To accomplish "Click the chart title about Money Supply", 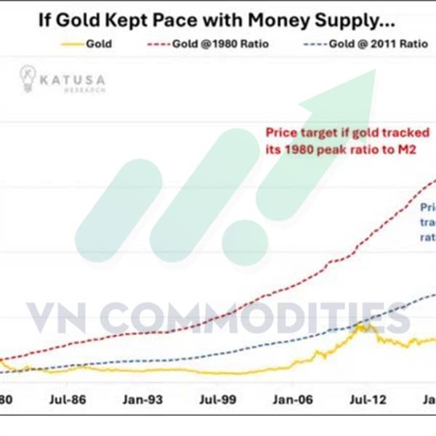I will tap(218, 19).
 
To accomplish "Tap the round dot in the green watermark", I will tap(244, 240).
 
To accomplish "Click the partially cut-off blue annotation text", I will tap(427, 222).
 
